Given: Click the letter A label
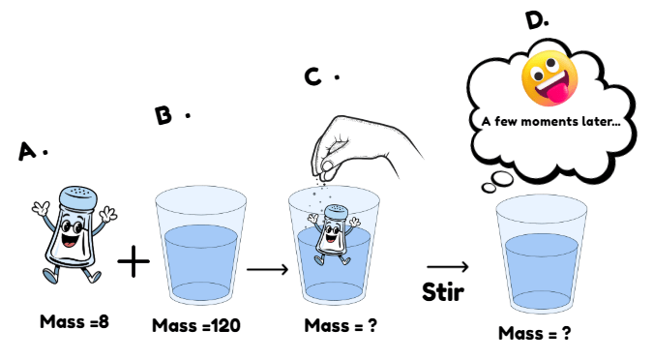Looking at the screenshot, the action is click(x=27, y=151).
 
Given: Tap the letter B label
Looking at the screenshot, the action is click(x=163, y=115).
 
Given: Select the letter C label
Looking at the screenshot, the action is click(x=312, y=76).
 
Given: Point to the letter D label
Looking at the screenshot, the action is click(x=535, y=20).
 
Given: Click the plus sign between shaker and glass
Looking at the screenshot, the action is click(x=134, y=261).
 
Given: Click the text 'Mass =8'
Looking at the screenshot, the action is click(x=74, y=321).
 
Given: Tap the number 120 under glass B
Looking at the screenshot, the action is click(x=226, y=325).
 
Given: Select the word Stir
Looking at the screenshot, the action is click(x=443, y=291).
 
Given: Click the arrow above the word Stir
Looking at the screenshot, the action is click(x=448, y=266).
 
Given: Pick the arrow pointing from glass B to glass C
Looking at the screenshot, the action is click(x=267, y=269).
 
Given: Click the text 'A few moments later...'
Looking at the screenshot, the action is click(x=550, y=121).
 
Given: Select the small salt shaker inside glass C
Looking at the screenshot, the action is click(x=333, y=234).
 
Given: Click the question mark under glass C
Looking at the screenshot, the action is click(x=371, y=325).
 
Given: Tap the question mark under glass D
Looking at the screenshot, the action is click(x=566, y=333).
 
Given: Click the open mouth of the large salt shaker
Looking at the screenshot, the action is click(x=70, y=240).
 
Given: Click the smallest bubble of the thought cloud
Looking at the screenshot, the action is click(x=489, y=189).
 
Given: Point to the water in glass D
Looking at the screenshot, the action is click(x=542, y=271).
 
